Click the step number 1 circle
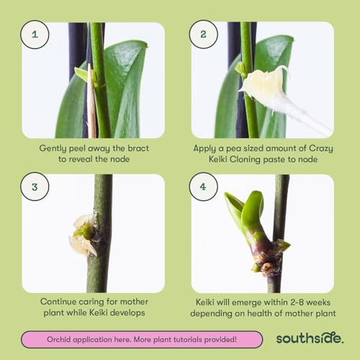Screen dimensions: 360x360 [35, 35]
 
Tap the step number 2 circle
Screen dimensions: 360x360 [204, 35]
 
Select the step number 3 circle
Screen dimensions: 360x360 [35, 186]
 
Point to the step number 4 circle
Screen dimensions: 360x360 [204, 186]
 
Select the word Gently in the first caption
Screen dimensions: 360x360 [57, 148]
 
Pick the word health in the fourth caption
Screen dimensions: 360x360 [262, 314]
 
